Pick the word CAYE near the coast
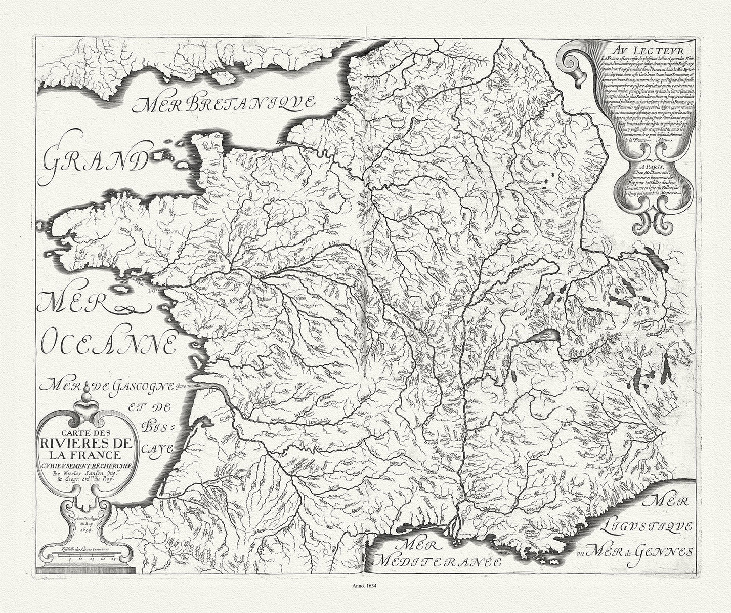click(x=159, y=448)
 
